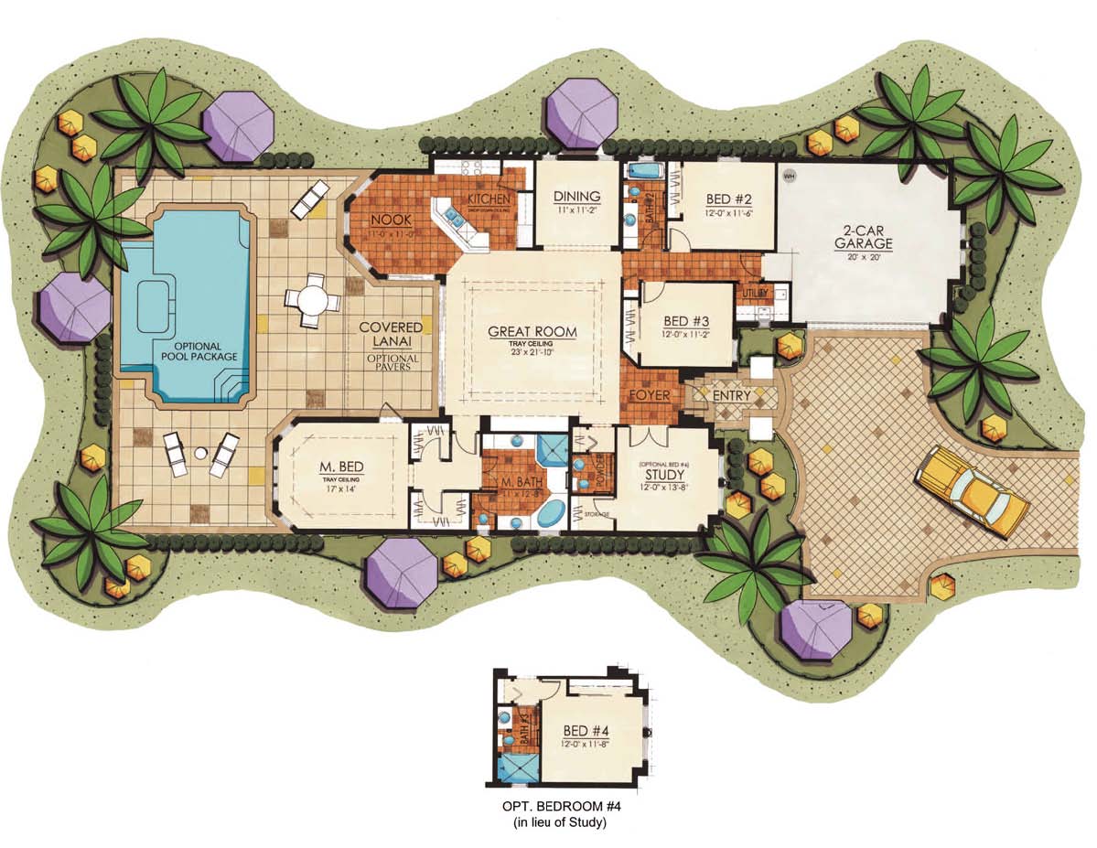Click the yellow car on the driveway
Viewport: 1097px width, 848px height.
pyautogui.click(x=972, y=490)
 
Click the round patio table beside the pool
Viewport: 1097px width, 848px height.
pyautogui.click(x=311, y=299)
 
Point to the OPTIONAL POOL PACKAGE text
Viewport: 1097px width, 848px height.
pyautogui.click(x=199, y=350)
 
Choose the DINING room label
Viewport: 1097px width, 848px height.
pyautogui.click(x=576, y=197)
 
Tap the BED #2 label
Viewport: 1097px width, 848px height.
pyautogui.click(x=729, y=199)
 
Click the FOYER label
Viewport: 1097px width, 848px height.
pyautogui.click(x=650, y=395)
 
